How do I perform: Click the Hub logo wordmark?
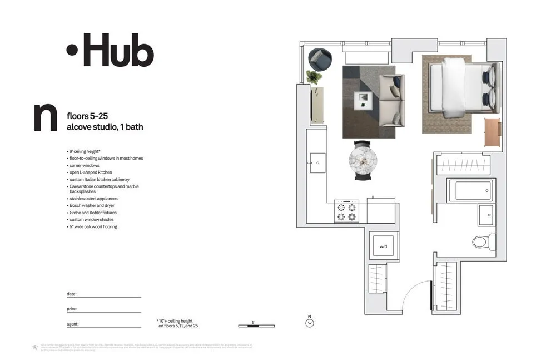(110, 50)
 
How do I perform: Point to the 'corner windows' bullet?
(85, 165)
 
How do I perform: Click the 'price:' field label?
(72, 308)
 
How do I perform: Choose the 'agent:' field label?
(72, 323)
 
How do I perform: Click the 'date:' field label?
(71, 293)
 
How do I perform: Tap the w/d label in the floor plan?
(383, 246)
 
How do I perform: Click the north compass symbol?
(310, 323)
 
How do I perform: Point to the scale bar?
(256, 326)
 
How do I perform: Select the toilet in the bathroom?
(482, 242)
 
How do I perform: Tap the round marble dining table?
(363, 160)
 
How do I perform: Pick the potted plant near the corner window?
(314, 77)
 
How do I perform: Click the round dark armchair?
(320, 58)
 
